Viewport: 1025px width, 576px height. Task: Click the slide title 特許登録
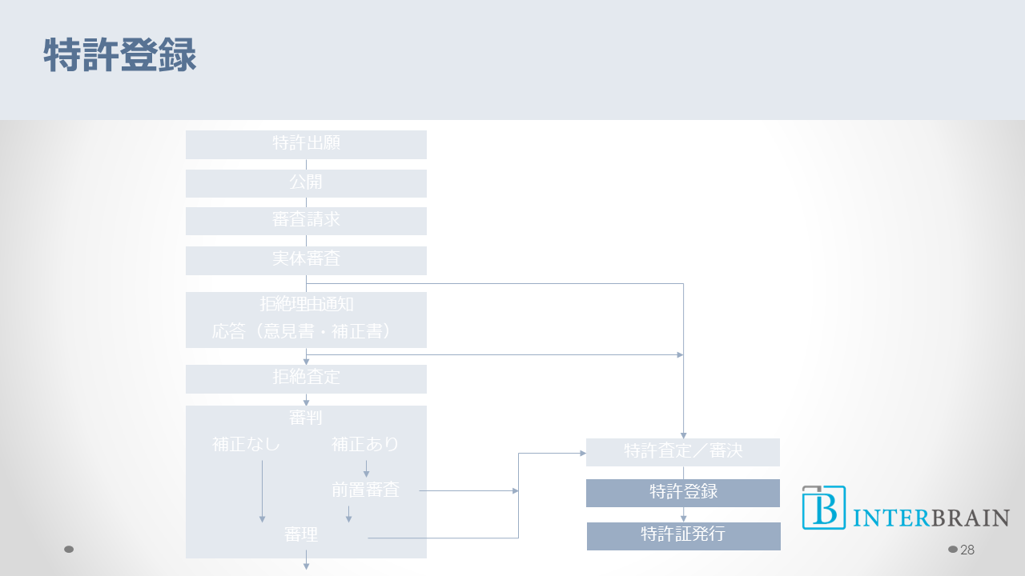pyautogui.click(x=120, y=57)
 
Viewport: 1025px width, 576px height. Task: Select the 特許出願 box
pyautogui.click(x=306, y=144)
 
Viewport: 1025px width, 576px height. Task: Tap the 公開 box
pyautogui.click(x=306, y=183)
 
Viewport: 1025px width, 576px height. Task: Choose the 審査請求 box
pyautogui.click(x=306, y=221)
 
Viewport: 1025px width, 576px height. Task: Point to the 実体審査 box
pyautogui.click(x=306, y=260)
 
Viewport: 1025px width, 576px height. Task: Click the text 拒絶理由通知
pyautogui.click(x=306, y=305)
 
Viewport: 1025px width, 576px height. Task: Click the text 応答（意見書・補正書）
pyautogui.click(x=306, y=331)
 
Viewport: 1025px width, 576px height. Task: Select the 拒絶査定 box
pyautogui.click(x=306, y=378)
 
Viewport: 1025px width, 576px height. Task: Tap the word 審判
pyautogui.click(x=306, y=418)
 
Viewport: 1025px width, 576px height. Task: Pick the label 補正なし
pyautogui.click(x=247, y=444)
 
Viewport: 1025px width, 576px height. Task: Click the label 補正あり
pyautogui.click(x=365, y=444)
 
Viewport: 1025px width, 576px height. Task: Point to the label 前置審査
pyautogui.click(x=365, y=490)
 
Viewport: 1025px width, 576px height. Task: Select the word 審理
pyautogui.click(x=301, y=535)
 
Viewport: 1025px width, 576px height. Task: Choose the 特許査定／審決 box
pyautogui.click(x=683, y=452)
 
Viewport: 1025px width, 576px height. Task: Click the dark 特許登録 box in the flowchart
pyautogui.click(x=683, y=493)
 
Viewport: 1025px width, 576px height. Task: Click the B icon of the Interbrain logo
pyautogui.click(x=824, y=508)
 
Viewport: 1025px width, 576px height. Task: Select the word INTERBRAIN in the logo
pyautogui.click(x=931, y=518)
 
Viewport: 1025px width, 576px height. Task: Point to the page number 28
pyautogui.click(x=967, y=550)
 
